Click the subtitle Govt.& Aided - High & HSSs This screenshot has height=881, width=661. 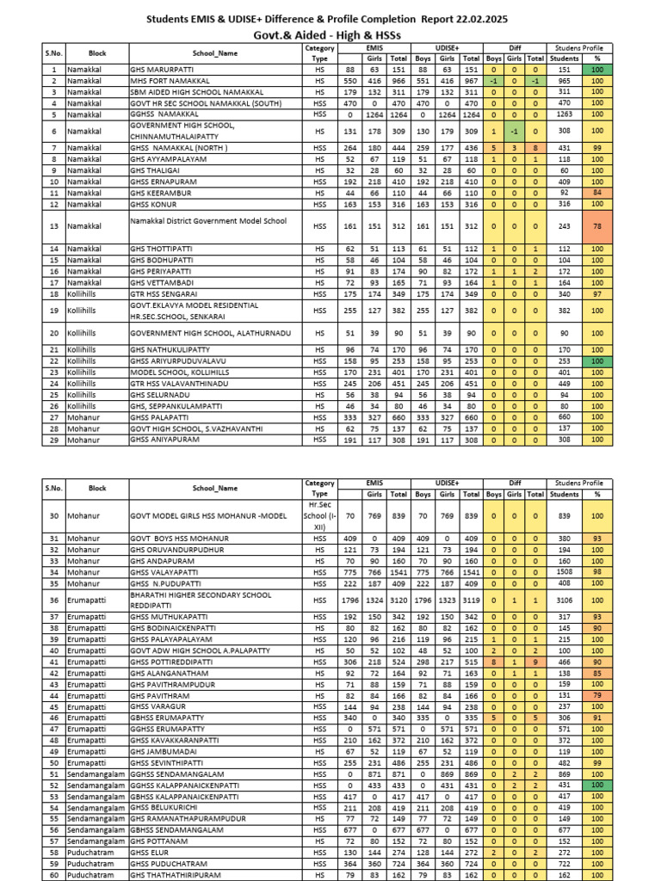(330, 33)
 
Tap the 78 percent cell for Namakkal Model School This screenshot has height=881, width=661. (596, 226)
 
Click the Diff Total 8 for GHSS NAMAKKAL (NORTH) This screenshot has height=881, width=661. (534, 148)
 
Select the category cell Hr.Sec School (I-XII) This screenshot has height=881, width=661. (319, 514)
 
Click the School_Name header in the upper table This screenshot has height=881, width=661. (214, 52)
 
